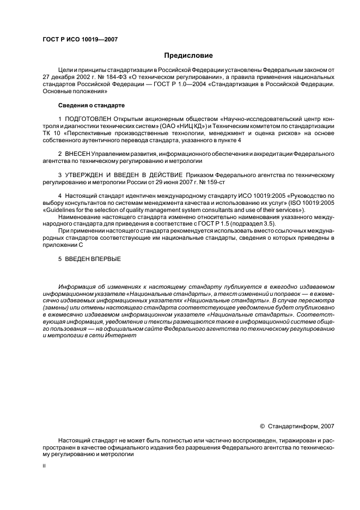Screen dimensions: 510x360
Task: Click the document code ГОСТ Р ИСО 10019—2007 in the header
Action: pos(80,40)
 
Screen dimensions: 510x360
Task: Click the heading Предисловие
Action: pos(188,56)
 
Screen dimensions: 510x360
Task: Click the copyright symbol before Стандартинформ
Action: pos(262,426)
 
